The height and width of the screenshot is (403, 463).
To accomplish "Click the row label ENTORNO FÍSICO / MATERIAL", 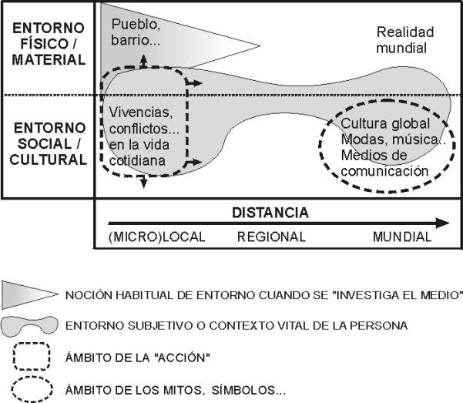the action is point(49,44).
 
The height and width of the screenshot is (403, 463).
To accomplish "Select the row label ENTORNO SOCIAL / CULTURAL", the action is point(48,143).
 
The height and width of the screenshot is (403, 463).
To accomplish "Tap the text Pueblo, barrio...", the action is point(136,32).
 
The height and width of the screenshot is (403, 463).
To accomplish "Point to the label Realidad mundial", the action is point(404,40).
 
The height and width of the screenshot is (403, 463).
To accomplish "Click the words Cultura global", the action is point(385,123).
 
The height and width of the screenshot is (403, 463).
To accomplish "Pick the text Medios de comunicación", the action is point(384,163).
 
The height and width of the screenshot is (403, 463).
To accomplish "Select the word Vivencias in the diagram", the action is point(140,113).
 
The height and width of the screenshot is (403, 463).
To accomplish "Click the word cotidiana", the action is point(137,161).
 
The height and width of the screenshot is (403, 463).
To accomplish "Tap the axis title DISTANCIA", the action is point(270,213).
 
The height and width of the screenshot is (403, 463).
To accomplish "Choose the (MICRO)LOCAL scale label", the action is point(157,237).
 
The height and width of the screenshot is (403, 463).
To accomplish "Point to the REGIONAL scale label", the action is point(271,237).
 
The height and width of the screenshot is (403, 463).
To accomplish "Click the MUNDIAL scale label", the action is point(402,237).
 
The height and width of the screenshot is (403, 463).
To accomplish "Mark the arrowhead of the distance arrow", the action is point(442,223).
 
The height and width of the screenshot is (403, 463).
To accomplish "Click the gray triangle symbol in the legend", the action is point(29,295).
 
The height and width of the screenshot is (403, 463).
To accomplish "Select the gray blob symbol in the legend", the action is point(29,326).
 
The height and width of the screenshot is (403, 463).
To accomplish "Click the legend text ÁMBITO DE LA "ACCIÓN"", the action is point(138,358).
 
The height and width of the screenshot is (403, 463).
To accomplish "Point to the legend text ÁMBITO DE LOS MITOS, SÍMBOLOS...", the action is point(176,391).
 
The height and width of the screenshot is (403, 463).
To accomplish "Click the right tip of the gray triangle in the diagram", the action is point(260,45).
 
